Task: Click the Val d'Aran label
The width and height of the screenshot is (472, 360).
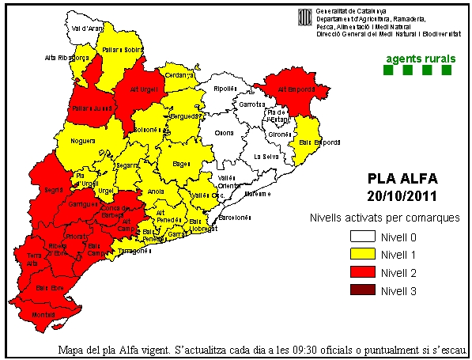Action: coord(88,28)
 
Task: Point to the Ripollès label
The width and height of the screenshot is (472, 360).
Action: coord(225,89)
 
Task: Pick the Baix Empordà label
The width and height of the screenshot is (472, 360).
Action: coord(319,142)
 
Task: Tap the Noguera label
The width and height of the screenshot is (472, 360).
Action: coord(83,140)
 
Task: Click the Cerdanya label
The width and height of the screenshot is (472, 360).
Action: coord(179,75)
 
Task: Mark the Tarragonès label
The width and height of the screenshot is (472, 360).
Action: coord(134,251)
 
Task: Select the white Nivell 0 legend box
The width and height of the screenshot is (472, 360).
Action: coord(362,237)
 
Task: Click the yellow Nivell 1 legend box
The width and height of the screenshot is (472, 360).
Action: coord(362,254)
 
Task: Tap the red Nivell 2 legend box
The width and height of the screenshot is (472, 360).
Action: coord(362,272)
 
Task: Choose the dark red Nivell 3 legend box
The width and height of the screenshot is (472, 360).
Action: coord(362,290)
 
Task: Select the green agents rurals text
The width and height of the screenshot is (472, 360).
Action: coord(418,59)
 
